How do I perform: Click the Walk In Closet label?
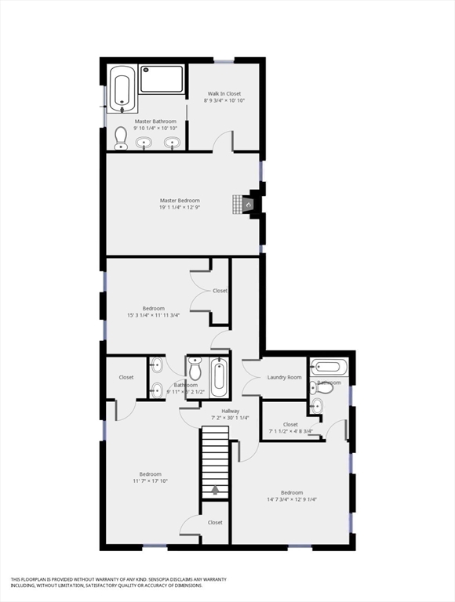click(x=224, y=94)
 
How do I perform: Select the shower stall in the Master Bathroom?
click(x=162, y=80)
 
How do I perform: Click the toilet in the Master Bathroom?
click(x=121, y=139)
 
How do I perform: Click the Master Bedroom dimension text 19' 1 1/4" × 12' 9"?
click(x=180, y=208)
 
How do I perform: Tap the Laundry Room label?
click(x=284, y=377)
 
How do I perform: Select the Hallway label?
click(x=230, y=411)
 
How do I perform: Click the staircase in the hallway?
click(x=214, y=459)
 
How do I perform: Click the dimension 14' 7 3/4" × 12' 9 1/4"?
click(x=292, y=499)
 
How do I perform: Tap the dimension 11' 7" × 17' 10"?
click(x=151, y=481)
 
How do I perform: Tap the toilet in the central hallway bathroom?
click(x=195, y=369)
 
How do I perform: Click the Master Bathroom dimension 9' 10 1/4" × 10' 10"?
click(x=155, y=129)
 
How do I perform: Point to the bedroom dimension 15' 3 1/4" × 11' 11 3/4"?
click(x=154, y=315)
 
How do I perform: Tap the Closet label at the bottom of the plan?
click(x=215, y=522)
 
